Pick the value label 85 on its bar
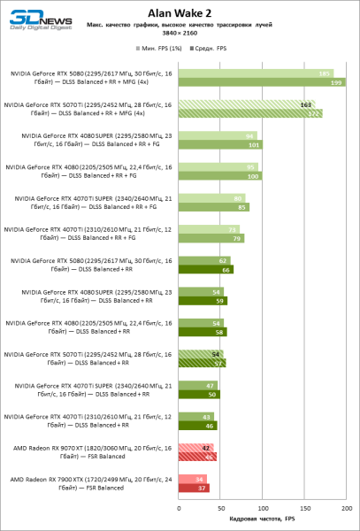tap(241, 207)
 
